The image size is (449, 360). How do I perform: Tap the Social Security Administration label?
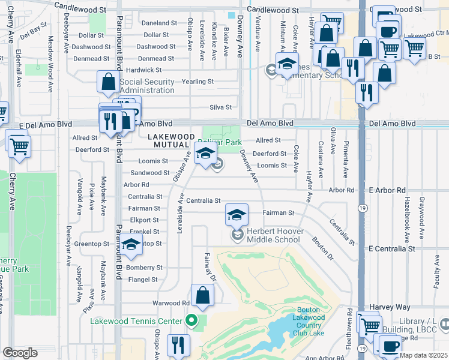point(147,86)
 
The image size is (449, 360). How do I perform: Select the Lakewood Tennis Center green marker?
point(191,320)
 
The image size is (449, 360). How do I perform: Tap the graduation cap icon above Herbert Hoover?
point(237,214)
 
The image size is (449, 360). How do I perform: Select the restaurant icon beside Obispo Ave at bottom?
point(178,345)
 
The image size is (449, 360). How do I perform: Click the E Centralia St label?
point(392,248)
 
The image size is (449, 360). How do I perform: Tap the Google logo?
point(20,353)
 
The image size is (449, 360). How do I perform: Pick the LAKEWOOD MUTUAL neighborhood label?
point(171,141)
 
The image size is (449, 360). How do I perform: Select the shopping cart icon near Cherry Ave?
point(20,145)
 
